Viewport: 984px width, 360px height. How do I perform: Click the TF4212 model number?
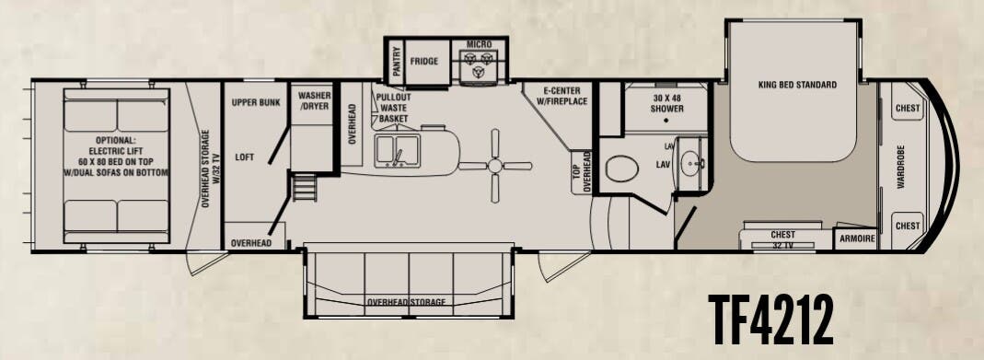click(x=772, y=319)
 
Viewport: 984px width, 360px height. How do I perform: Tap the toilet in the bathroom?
click(x=623, y=169)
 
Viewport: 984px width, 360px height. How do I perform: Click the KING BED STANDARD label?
click(x=797, y=85)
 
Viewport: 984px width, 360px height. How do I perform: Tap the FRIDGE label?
click(x=424, y=62)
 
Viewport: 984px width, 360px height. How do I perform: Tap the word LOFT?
click(x=243, y=157)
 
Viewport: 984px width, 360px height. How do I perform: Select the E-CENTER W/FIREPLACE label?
click(x=558, y=96)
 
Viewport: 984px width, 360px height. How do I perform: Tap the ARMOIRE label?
click(x=855, y=238)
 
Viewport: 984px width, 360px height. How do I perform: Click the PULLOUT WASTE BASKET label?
click(x=393, y=107)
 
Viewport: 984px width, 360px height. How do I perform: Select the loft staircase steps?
click(x=302, y=189)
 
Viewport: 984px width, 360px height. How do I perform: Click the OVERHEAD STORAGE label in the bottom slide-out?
click(x=406, y=302)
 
